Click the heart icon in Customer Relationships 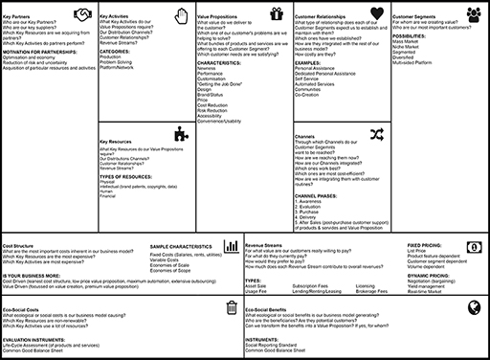376,14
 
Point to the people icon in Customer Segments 474,14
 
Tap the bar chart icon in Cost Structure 231,248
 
